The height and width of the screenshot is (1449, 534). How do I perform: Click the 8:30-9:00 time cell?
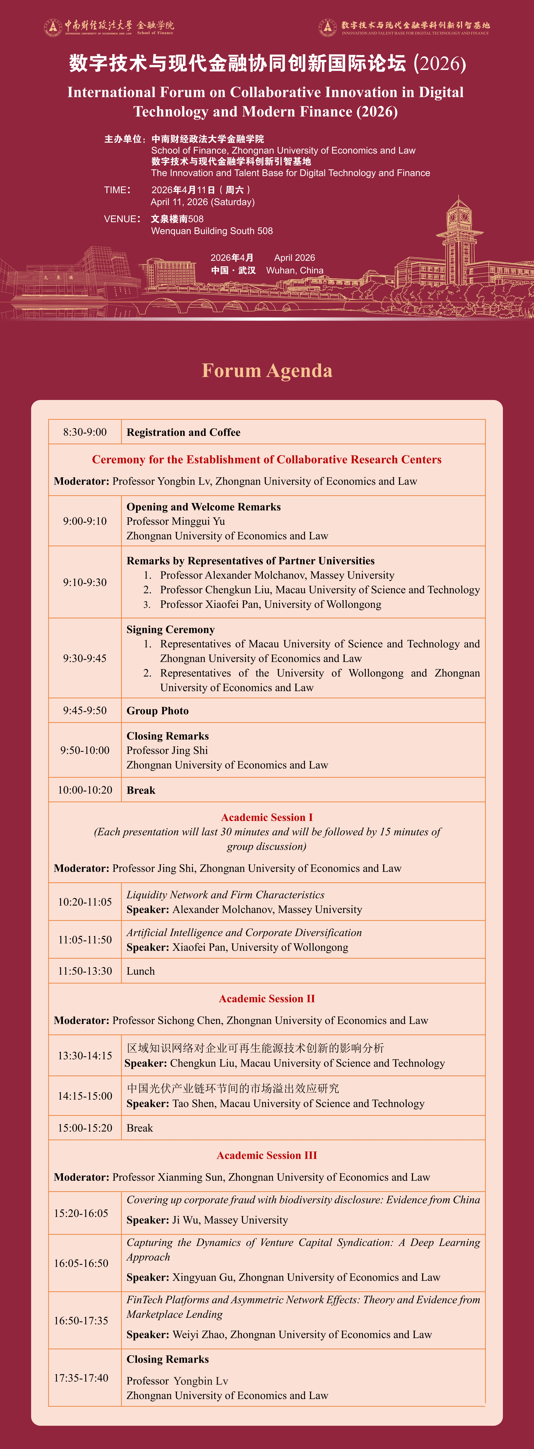(x=85, y=432)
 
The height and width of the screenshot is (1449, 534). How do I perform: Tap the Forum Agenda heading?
(x=267, y=371)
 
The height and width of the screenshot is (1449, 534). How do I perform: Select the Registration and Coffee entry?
(x=183, y=432)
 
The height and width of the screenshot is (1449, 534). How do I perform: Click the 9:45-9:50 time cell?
(x=85, y=710)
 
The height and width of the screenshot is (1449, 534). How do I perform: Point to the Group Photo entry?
(x=158, y=710)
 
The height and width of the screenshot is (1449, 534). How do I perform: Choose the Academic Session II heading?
(x=267, y=999)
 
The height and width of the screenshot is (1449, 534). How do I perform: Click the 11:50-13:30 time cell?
(x=85, y=971)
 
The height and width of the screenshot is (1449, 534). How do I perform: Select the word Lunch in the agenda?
(x=141, y=971)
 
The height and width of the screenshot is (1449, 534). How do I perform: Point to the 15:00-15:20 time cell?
(x=85, y=1128)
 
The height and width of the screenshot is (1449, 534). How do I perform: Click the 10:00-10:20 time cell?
(x=85, y=790)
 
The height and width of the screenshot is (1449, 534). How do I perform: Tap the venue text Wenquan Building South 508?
(x=212, y=231)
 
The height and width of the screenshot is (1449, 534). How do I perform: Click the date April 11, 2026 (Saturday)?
(x=203, y=202)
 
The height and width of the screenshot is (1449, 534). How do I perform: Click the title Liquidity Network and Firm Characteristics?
(x=225, y=894)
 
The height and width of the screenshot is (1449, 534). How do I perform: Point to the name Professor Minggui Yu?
(x=176, y=521)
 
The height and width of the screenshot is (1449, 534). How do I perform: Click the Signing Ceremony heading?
(x=171, y=629)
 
